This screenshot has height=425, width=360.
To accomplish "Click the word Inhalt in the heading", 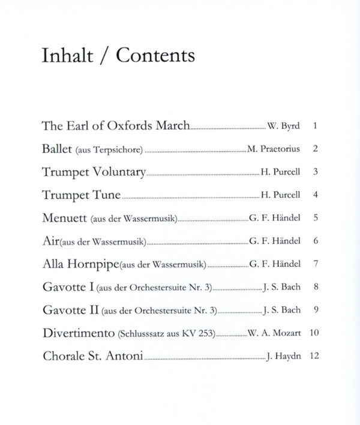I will click(66, 56).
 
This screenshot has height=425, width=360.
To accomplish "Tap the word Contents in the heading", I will click(155, 56).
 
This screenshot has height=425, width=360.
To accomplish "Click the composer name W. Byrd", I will click(283, 127).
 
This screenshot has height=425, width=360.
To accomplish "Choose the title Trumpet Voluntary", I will click(94, 172).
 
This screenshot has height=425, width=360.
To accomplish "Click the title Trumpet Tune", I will click(83, 195).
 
